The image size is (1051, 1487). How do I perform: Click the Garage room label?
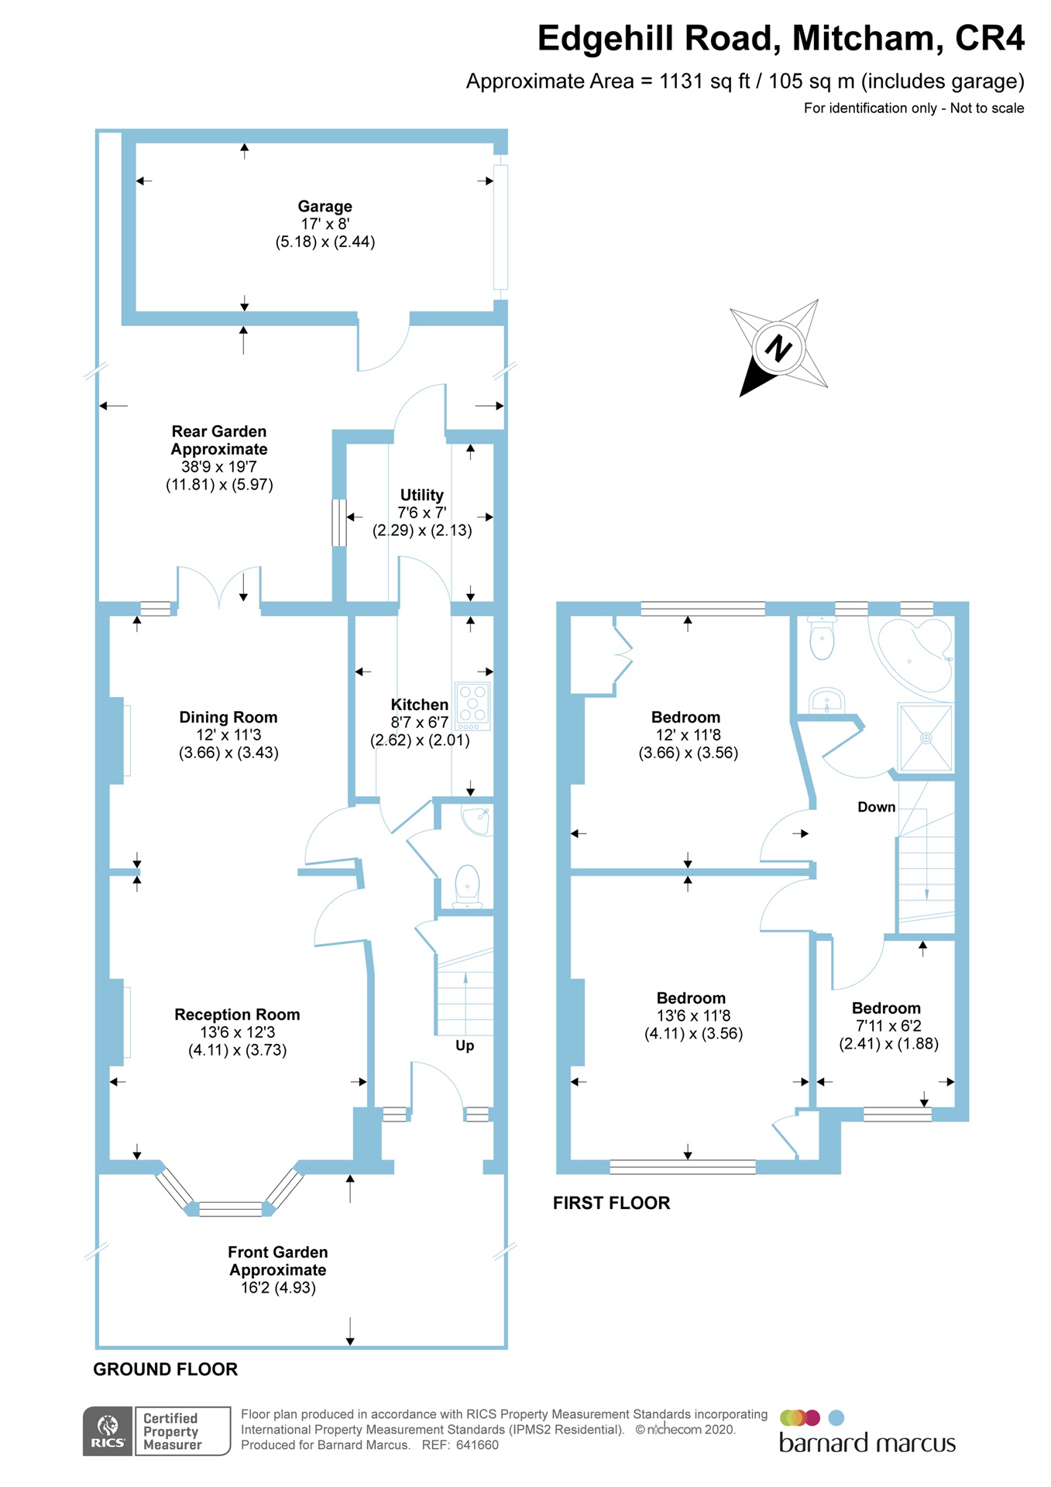pyautogui.click(x=325, y=206)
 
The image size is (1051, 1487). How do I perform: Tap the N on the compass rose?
pyautogui.click(x=778, y=348)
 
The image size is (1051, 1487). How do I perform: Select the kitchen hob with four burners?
pyautogui.click(x=472, y=705)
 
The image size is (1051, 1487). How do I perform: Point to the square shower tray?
pyautogui.click(x=925, y=737)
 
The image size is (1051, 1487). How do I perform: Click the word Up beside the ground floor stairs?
pyautogui.click(x=465, y=1046)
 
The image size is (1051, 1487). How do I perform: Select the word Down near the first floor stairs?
pyautogui.click(x=876, y=807)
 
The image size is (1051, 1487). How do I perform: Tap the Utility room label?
pyautogui.click(x=421, y=495)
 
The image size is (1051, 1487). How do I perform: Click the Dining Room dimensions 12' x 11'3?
pyautogui.click(x=228, y=735)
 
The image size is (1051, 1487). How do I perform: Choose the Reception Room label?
pyautogui.click(x=237, y=1015)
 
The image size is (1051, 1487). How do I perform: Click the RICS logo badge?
pyautogui.click(x=108, y=1431)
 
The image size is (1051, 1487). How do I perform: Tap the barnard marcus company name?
pyautogui.click(x=867, y=1444)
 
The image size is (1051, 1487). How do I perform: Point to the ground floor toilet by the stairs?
pyautogui.click(x=467, y=886)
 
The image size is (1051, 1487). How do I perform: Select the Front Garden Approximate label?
pyautogui.click(x=277, y=1261)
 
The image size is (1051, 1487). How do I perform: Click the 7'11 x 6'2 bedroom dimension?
pyautogui.click(x=888, y=1026)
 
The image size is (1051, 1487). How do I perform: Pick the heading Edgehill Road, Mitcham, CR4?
pyautogui.click(x=780, y=39)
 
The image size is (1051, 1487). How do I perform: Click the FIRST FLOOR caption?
pyautogui.click(x=611, y=1203)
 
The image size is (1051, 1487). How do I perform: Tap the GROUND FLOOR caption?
pyautogui.click(x=165, y=1369)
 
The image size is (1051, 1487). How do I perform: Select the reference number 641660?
pyautogui.click(x=477, y=1445)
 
